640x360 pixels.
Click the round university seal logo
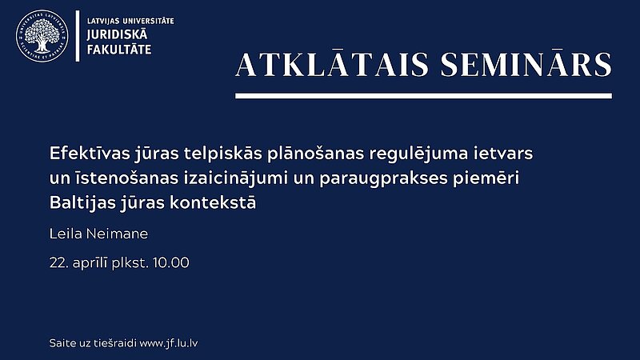42,36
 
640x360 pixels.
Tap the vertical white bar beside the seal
78,36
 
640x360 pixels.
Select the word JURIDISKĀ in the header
117,34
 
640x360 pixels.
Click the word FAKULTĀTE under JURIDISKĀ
119,50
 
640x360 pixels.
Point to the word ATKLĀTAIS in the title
332,65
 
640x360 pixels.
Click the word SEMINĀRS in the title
526,65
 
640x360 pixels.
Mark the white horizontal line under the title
424,96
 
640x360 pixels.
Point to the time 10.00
171,262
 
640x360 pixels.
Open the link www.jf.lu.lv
169,344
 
